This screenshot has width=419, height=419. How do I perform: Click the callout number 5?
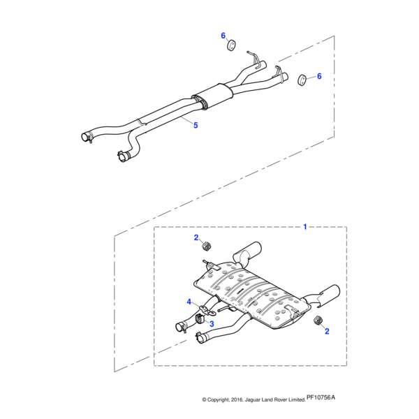tap(196, 125)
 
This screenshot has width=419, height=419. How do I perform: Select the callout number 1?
tap(305, 227)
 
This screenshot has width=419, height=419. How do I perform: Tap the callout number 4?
tap(189, 302)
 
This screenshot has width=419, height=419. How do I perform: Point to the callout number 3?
tap(212, 324)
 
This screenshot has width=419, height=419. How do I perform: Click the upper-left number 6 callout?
tap(223, 36)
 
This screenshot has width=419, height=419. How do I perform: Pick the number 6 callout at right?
tap(319, 76)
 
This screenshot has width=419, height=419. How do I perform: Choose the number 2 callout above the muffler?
tap(196, 237)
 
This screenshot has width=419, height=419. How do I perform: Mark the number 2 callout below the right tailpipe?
tap(327, 331)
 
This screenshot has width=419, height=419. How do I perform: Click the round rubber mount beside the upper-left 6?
tap(231, 45)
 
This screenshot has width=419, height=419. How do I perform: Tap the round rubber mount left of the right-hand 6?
tap(302, 80)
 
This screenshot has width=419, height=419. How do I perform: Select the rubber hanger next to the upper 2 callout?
tap(206, 246)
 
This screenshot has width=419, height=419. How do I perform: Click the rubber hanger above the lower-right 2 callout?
tap(317, 320)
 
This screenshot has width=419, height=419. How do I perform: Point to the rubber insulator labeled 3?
tap(200, 318)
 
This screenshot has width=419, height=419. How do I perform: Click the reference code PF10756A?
tap(321, 397)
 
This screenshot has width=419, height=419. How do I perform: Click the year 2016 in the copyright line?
tap(237, 399)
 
